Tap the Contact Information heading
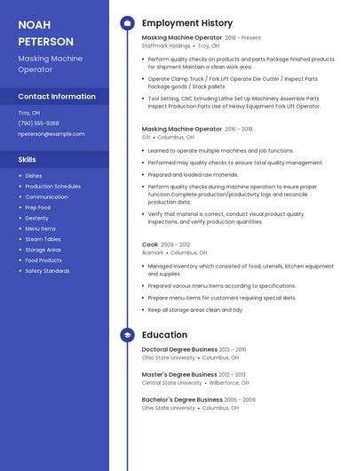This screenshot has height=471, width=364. tap(57, 96)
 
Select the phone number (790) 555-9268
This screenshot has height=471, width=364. tap(38, 124)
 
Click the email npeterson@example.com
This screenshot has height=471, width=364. tap(51, 134)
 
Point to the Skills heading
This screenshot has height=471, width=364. tap(27, 159)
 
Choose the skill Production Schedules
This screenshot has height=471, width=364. tap(52, 187)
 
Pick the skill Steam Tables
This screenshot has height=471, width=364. tap(43, 239)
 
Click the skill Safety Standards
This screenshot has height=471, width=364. tap(47, 271)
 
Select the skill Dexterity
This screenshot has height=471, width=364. tap(36, 218)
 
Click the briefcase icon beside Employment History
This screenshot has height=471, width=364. tap(127, 23)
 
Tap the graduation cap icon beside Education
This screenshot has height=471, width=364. tap(127, 335)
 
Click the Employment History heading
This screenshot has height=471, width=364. tap(186, 23)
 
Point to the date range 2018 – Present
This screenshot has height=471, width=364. tap(242, 38)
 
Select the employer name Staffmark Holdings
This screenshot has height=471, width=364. tap(166, 45)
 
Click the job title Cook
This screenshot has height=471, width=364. tap(149, 244)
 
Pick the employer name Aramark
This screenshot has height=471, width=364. tap(153, 252)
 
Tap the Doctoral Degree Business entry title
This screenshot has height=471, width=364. tap(178, 350)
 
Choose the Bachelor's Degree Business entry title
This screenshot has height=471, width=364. tap(180, 400)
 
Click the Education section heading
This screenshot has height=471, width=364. tap(164, 335)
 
